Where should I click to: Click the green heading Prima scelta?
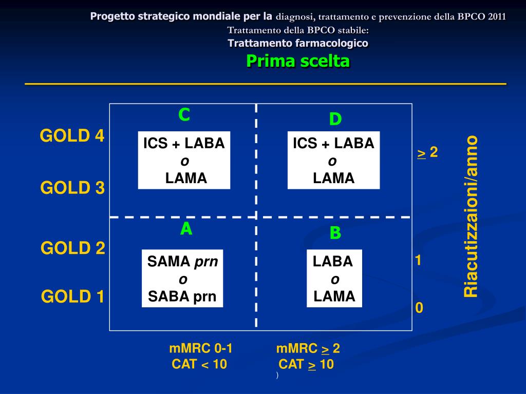[298, 61]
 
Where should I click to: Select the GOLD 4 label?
[72, 136]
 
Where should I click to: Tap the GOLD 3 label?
[72, 188]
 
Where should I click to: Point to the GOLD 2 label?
[73, 248]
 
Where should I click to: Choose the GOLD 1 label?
[73, 297]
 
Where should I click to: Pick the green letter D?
[335, 120]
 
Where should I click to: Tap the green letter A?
[186, 229]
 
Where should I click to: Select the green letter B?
[335, 233]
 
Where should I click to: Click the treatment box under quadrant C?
[184, 161]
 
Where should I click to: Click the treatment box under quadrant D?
[334, 161]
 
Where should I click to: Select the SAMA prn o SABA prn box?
[182, 279]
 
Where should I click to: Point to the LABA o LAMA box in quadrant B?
[334, 279]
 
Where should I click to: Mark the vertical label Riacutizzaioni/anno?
[471, 216]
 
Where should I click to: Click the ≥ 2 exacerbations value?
[427, 152]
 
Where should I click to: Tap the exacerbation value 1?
[419, 261]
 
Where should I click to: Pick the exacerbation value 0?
[419, 308]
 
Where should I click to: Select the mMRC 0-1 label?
[201, 349]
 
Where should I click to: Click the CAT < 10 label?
[199, 364]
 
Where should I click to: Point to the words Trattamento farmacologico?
[298, 43]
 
